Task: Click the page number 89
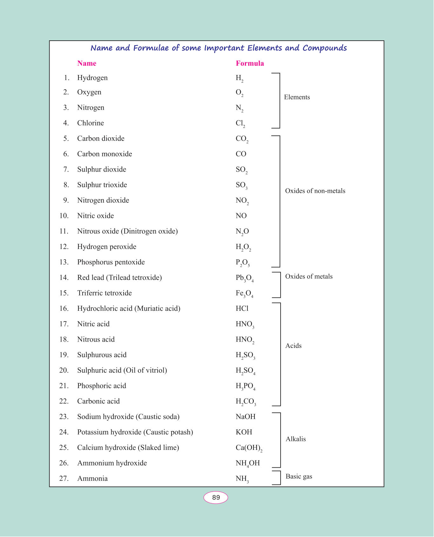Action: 216,497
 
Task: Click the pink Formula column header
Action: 250,63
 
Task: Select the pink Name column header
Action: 86,63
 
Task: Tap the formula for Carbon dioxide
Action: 242,139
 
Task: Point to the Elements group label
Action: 297,97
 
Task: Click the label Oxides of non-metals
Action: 315,191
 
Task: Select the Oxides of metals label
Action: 309,276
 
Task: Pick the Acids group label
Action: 293,346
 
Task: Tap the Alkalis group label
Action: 295,439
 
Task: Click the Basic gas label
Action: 299,476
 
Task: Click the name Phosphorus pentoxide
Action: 111,262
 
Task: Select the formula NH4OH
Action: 248,463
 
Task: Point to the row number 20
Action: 64,370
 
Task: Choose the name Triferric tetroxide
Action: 104,293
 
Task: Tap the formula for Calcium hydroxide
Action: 249,448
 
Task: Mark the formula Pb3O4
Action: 244,278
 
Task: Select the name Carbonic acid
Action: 98,401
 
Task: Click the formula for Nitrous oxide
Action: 242,232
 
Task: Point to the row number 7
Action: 66,169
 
